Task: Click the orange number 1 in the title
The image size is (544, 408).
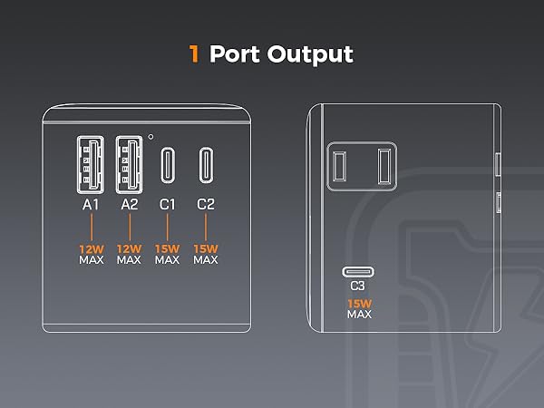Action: [193, 53]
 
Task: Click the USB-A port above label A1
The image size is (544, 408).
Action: [90, 164]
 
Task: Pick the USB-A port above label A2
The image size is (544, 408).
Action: [129, 164]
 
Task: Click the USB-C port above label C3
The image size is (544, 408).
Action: [357, 272]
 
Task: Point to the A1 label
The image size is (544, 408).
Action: [90, 205]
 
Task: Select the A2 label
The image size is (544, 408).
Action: [129, 205]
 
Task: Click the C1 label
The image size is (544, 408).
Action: [167, 205]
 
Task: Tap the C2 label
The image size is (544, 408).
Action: [206, 205]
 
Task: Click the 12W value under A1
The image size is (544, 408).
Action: [90, 247]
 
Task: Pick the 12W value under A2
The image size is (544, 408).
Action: [129, 247]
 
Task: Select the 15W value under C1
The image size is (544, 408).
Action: [167, 247]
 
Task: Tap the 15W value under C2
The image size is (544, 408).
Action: [206, 247]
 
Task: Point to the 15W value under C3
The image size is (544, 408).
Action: [357, 302]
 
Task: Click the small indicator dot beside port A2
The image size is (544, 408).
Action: [151, 137]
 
